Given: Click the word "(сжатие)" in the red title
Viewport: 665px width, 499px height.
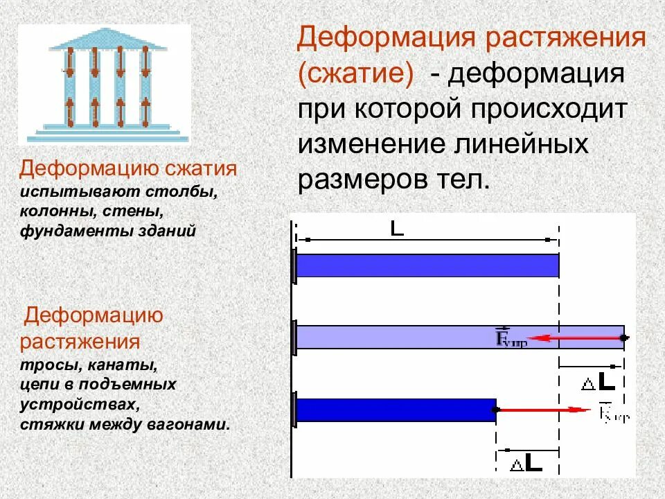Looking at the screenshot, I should click(x=355, y=74).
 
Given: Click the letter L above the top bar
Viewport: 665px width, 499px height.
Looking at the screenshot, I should click(x=397, y=229).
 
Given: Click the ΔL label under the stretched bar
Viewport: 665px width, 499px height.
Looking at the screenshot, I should click(x=598, y=381).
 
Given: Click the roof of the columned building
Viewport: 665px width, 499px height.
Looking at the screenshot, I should click(x=108, y=40).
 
